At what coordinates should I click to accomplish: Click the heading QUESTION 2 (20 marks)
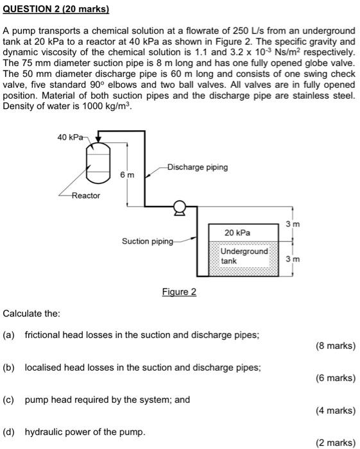(x=56, y=10)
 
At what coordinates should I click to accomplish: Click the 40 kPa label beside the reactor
(x=69, y=137)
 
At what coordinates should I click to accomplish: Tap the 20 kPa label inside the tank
(x=237, y=232)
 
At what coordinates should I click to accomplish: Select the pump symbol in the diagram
(x=180, y=207)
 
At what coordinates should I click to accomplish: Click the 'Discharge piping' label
(x=197, y=167)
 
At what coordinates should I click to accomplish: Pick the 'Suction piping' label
(x=148, y=241)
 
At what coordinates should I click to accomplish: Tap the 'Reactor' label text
(x=85, y=195)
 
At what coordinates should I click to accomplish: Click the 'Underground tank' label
(x=244, y=256)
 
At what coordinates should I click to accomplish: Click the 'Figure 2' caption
(x=179, y=292)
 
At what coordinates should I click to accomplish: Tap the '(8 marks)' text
(x=336, y=346)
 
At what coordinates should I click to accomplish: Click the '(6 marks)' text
(x=336, y=378)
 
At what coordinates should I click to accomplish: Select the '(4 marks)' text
(x=336, y=410)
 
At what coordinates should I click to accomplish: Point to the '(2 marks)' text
(x=336, y=442)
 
